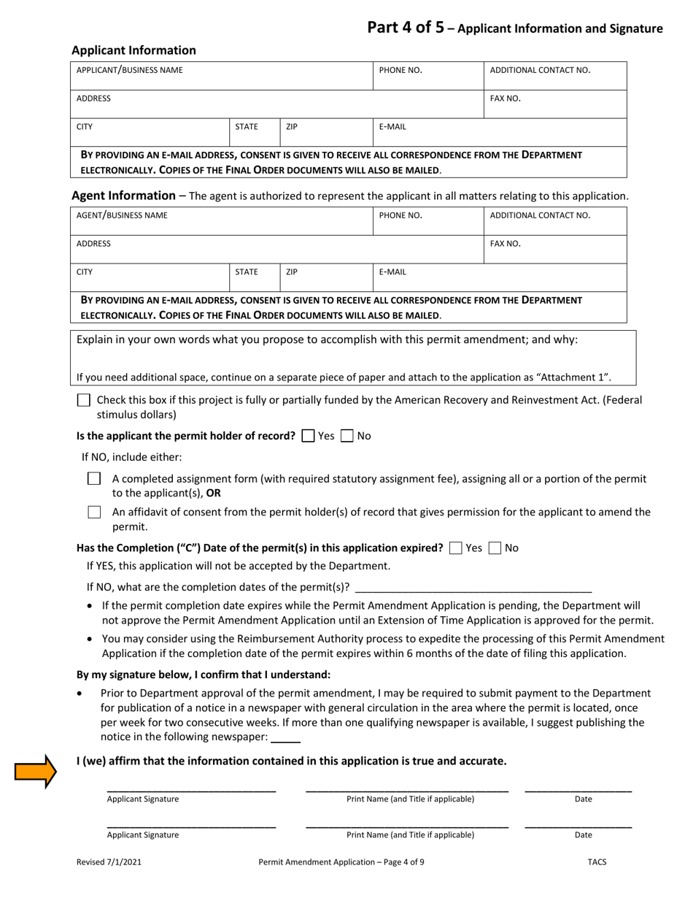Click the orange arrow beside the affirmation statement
pyautogui.click(x=35, y=771)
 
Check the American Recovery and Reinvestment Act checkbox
pyautogui.click(x=84, y=400)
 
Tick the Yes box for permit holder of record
pyautogui.click(x=308, y=436)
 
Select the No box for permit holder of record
pyautogui.click(x=347, y=436)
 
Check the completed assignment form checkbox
pyautogui.click(x=94, y=479)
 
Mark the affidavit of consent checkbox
pyautogui.click(x=94, y=513)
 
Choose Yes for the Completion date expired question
pyautogui.click(x=456, y=548)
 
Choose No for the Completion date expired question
pyautogui.click(x=495, y=548)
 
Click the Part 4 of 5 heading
pyautogui.click(x=514, y=28)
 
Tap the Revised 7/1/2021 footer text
pyautogui.click(x=109, y=861)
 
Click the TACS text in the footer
pyautogui.click(x=597, y=861)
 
